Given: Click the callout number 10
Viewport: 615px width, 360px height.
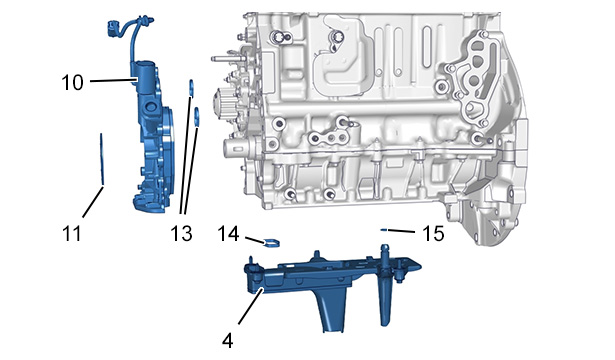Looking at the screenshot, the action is point(73,82).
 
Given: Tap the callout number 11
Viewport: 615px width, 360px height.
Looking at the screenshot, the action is point(72,233).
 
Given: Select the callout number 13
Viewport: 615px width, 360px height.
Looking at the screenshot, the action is point(181,233).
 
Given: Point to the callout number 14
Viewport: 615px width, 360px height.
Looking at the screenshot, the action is point(228,233).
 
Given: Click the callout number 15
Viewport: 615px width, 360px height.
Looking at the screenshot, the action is point(433,233).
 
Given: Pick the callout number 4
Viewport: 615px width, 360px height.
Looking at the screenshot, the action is point(227,341).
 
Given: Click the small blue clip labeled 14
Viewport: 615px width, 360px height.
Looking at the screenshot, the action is point(272,243).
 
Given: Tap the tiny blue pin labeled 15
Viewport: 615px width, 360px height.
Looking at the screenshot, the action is point(384,230).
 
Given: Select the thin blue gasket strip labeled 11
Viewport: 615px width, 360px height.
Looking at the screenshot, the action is point(102,159).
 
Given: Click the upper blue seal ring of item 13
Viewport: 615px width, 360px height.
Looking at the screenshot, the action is point(191,87).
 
